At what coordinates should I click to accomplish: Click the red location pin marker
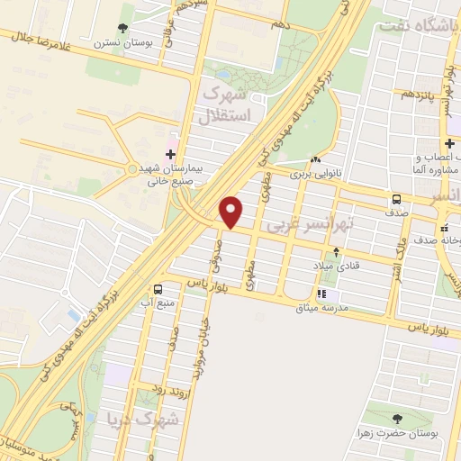point(231,212)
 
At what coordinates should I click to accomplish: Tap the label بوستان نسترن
point(122,42)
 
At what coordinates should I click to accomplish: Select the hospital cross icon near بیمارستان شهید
point(172,153)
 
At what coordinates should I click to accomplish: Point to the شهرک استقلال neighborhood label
point(231,104)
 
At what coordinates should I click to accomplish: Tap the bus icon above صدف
point(396,200)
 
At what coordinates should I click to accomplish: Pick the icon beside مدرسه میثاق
point(321,294)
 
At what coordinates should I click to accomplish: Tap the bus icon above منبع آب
point(158,289)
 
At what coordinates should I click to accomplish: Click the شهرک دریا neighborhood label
point(143,420)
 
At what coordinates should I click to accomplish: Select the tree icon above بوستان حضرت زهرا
point(397,419)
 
